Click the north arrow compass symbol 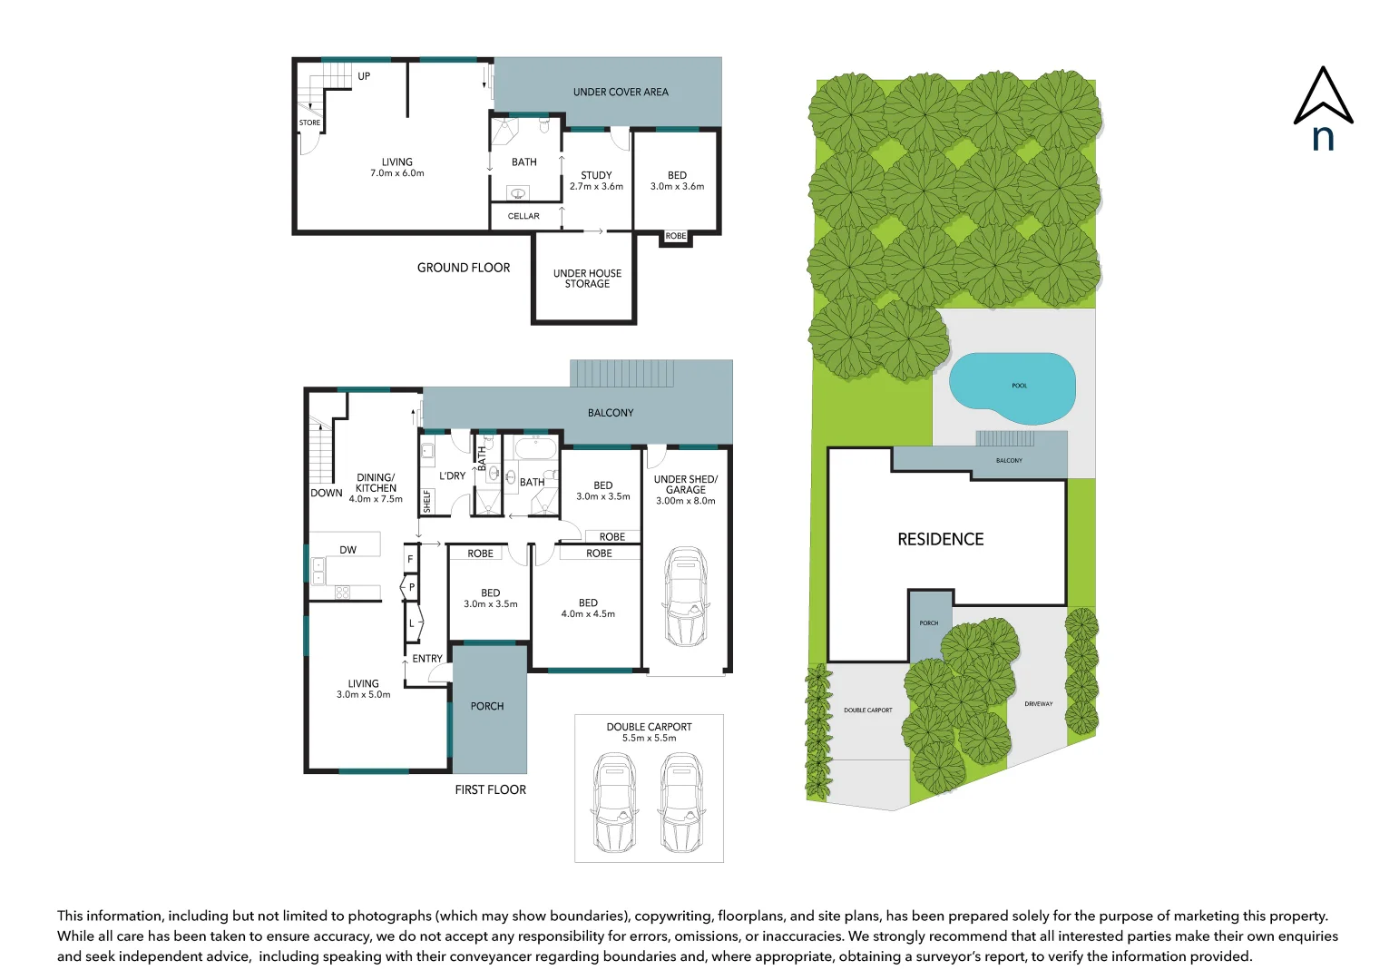tap(1323, 106)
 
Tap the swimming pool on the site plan tap(1012, 387)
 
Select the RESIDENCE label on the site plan tap(940, 539)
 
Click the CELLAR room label tap(523, 216)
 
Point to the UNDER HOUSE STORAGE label tap(587, 279)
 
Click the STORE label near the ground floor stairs tap(309, 122)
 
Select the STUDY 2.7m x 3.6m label tap(596, 181)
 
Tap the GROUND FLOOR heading tap(463, 268)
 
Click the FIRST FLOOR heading tap(490, 789)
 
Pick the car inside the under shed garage tap(685, 595)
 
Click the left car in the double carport tap(614, 802)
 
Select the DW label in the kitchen tap(347, 550)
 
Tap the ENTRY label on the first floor tap(427, 659)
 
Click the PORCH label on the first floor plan tap(487, 706)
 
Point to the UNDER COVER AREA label tap(621, 92)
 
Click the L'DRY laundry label tap(452, 475)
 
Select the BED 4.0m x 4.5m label tap(588, 608)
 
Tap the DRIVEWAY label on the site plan tap(1039, 703)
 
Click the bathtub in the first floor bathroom tap(535, 447)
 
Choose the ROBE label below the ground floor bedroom tap(676, 236)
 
